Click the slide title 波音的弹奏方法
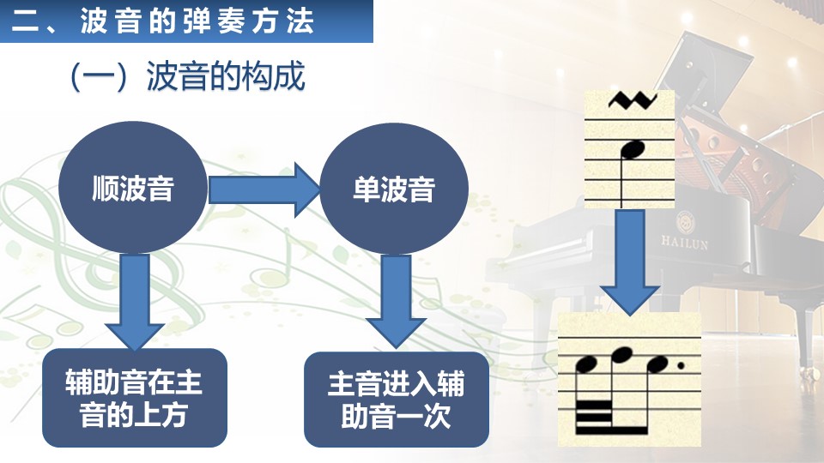pos(197,21)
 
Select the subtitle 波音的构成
pos(226,76)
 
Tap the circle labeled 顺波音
pos(132,188)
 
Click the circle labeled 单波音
pos(394,189)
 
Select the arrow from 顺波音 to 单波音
pos(264,189)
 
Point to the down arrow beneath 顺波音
pos(135,303)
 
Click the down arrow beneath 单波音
pos(396,302)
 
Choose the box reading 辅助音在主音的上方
pos(135,398)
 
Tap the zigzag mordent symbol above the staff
pos(633,100)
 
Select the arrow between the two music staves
pos(629,262)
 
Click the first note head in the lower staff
pos(587,364)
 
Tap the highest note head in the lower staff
pos(621,355)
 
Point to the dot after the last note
pos(681,365)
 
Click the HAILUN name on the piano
pos(684,243)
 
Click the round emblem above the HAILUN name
pos(685,223)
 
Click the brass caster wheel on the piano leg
pos(806,371)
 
